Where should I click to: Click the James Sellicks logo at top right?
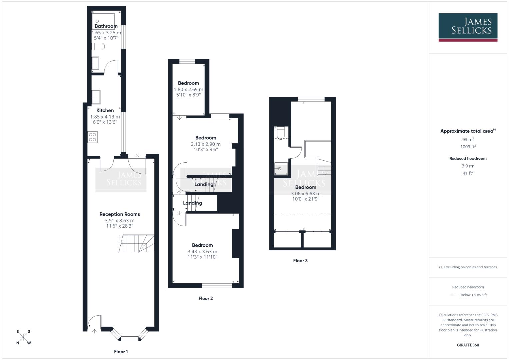click(x=468, y=27)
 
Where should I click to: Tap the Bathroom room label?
click(x=106, y=26)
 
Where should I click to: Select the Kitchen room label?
click(x=105, y=110)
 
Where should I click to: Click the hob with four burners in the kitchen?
click(x=93, y=137)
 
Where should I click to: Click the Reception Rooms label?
click(x=120, y=214)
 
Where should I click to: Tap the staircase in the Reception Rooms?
click(x=136, y=244)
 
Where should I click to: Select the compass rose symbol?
click(x=23, y=337)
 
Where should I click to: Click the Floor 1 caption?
click(x=121, y=352)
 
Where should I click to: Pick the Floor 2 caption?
click(x=205, y=298)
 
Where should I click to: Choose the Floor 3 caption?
click(x=300, y=261)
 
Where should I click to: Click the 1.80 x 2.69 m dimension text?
click(x=188, y=89)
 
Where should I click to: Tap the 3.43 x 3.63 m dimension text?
click(x=202, y=252)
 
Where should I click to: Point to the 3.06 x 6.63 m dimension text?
click(x=306, y=194)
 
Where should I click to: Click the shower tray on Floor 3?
click(x=281, y=168)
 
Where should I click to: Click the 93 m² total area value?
click(x=468, y=140)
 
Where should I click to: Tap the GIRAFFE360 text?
click(x=468, y=345)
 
